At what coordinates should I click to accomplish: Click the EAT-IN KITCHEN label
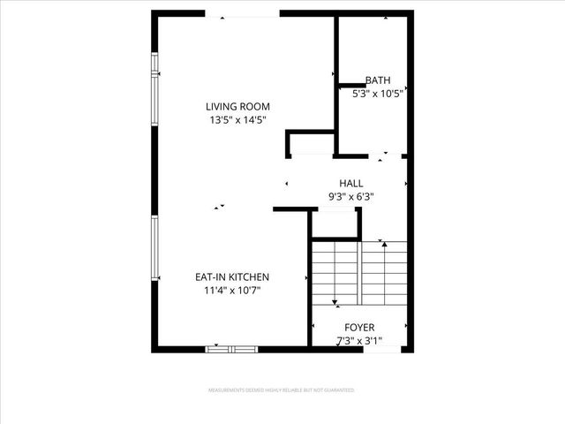click(x=232, y=276)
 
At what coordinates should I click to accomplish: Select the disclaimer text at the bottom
click(x=282, y=390)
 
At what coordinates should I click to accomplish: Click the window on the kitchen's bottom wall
click(x=230, y=349)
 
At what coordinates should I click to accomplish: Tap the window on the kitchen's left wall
click(x=154, y=252)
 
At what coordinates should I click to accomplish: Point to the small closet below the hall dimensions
click(x=335, y=225)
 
